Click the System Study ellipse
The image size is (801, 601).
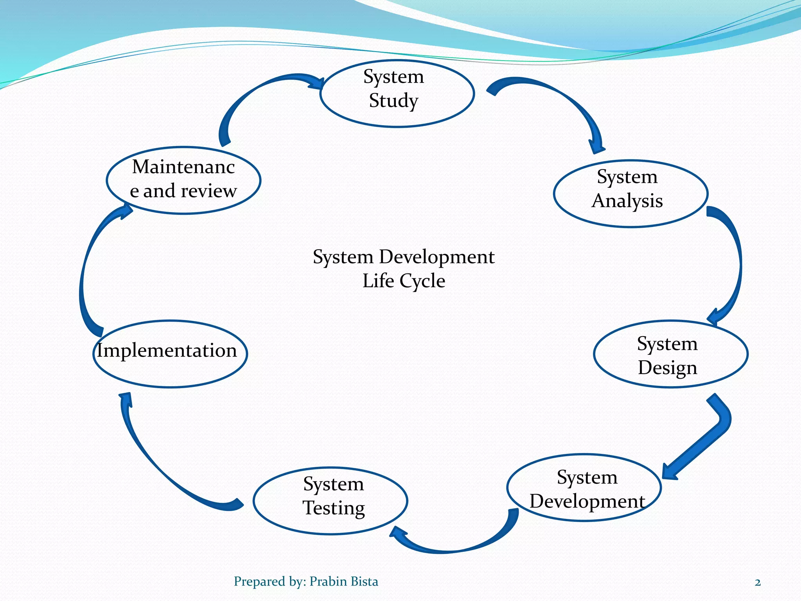(397, 94)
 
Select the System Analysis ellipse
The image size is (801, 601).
(630, 194)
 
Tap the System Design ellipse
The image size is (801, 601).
(670, 354)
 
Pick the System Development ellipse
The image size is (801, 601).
(584, 488)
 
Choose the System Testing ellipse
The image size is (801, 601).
(330, 501)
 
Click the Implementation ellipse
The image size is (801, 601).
(170, 354)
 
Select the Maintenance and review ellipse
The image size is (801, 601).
(183, 180)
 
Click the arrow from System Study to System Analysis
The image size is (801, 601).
(563, 102)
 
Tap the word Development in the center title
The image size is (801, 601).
(436, 257)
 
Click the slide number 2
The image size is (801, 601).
(758, 583)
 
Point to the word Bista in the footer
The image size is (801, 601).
(364, 581)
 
